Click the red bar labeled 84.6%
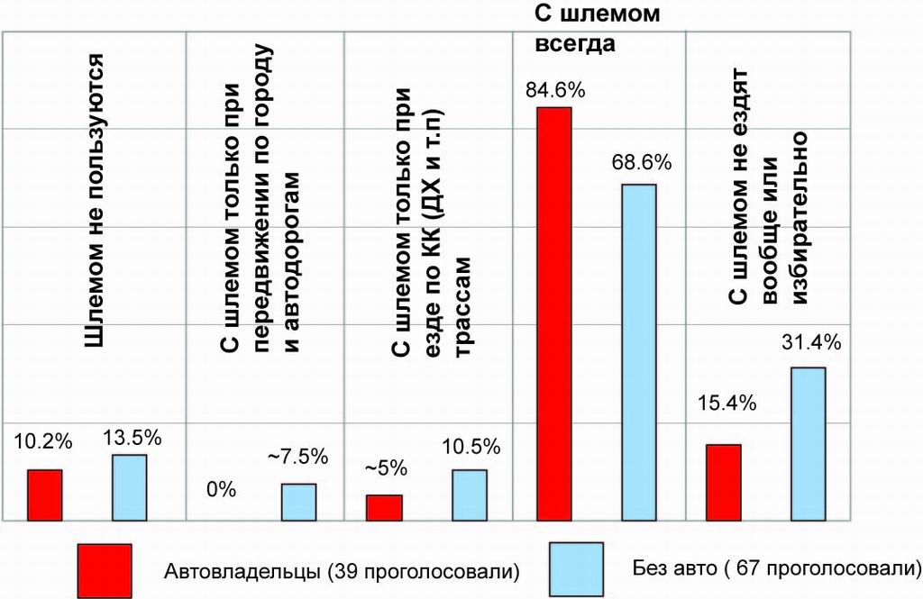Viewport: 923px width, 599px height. [554, 313]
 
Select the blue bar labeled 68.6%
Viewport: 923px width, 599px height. [639, 352]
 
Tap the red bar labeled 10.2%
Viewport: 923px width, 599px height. [44, 495]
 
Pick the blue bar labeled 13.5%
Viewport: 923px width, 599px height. [129, 487]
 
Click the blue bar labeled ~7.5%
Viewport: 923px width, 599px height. [298, 502]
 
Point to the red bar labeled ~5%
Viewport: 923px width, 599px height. [384, 507]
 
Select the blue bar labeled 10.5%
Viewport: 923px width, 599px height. [470, 495]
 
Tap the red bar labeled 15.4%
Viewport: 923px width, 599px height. [723, 482]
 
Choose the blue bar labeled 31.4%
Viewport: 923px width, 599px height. [809, 443]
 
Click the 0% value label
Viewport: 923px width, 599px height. [221, 490]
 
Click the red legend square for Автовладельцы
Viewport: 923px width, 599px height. [105, 569]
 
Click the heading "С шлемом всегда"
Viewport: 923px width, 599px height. [577, 29]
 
